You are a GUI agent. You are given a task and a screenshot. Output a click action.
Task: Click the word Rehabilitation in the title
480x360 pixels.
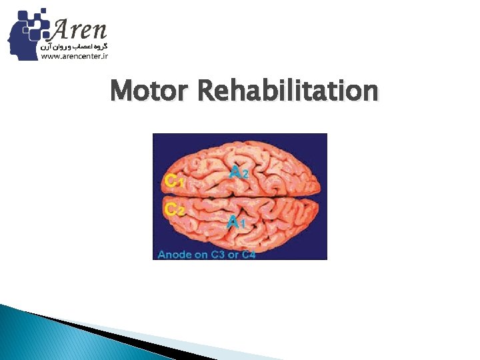288,91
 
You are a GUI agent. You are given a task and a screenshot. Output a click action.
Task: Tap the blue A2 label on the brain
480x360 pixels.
240,172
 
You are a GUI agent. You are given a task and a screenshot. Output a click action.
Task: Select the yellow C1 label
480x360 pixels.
174,180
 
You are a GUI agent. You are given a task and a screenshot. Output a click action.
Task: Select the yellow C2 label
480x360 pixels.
174,209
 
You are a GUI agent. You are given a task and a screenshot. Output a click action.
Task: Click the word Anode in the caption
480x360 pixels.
175,253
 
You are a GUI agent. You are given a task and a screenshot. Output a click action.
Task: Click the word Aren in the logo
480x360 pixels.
79,30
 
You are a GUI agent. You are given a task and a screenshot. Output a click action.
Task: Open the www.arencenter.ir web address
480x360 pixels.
74,57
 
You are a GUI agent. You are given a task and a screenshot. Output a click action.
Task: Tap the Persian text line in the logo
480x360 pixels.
75,47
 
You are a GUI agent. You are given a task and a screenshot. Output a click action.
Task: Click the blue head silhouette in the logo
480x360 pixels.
24,37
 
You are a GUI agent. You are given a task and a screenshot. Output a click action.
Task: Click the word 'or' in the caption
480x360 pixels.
235,253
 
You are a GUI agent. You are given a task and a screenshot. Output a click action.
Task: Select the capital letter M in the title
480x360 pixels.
120,91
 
